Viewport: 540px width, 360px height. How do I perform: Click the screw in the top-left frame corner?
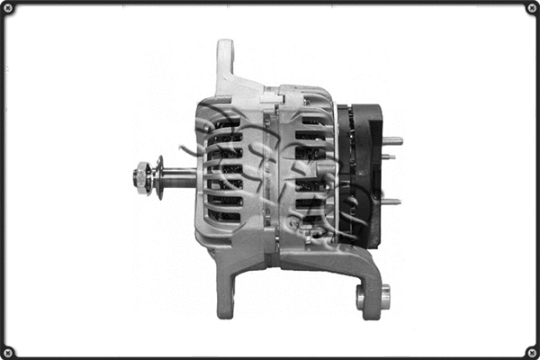pos(8,8)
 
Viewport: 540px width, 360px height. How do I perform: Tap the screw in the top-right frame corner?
pos(531,8)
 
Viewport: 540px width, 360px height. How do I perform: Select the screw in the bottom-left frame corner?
pos(8,351)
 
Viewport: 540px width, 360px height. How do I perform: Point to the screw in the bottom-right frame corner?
pos(531,351)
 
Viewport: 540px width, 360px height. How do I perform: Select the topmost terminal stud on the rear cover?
pos(392,140)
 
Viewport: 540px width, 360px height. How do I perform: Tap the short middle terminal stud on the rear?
pos(388,157)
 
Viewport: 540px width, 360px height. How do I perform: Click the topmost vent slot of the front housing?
pos(226,123)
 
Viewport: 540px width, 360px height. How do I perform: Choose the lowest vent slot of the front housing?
pos(225,216)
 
